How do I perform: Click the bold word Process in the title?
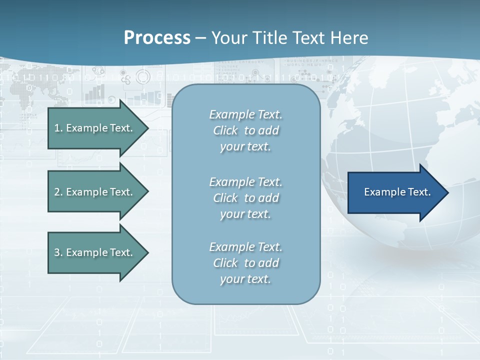point(157,38)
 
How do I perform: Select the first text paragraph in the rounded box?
point(245,130)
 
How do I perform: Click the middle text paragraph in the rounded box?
point(245,198)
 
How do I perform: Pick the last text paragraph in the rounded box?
point(245,263)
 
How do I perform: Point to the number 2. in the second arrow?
point(58,192)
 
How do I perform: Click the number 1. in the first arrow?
point(58,128)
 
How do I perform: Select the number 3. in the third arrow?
point(58,252)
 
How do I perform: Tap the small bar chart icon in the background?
point(95,92)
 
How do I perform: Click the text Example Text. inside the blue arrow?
point(397,192)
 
